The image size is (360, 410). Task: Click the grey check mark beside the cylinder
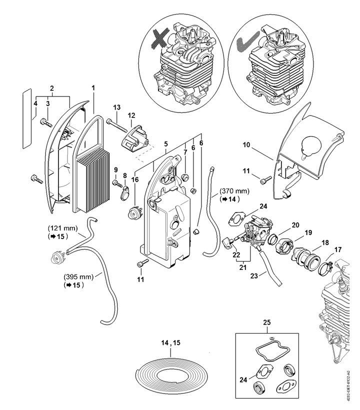pyautogui.click(x=247, y=41)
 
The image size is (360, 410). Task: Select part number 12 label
pyautogui.click(x=131, y=115)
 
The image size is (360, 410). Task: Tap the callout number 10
pyautogui.click(x=246, y=145)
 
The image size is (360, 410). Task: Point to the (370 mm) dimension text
pyautogui.click(x=234, y=191)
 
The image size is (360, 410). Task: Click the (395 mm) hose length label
pyautogui.click(x=78, y=276)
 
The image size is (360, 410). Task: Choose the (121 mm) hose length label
pyautogui.click(x=62, y=228)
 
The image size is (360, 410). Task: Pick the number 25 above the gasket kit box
pyautogui.click(x=267, y=322)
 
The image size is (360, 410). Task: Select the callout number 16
pyautogui.click(x=135, y=179)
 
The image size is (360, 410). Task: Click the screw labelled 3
pyautogui.click(x=46, y=122)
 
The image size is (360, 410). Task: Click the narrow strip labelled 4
pyautogui.click(x=27, y=118)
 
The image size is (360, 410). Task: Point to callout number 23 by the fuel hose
pyautogui.click(x=254, y=275)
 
